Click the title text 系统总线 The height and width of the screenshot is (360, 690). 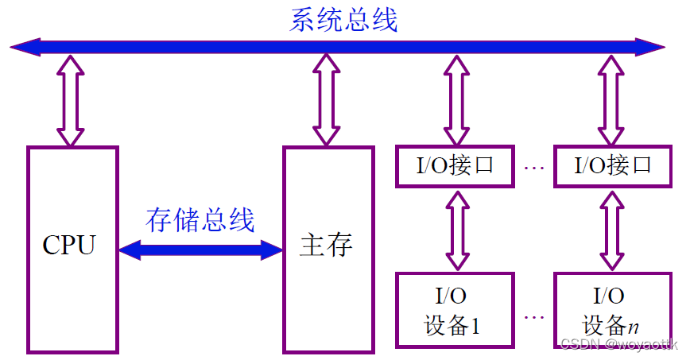pos(343,19)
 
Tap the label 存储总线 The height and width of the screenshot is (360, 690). pos(200,219)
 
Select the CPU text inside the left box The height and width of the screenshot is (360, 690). pos(69,245)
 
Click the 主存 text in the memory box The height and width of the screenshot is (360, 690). pos(327,246)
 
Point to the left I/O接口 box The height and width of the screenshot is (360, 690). pos(455,166)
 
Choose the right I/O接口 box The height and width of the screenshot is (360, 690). pos(611,166)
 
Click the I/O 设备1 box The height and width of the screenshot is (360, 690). pos(455,311)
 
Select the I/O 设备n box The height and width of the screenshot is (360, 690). pos(611,311)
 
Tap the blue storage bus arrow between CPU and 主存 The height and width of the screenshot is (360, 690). pos(200,250)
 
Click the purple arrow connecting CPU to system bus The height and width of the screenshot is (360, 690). pos(70,100)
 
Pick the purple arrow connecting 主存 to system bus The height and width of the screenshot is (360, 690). pos(326,100)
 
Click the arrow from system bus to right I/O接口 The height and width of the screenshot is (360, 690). pos(611,100)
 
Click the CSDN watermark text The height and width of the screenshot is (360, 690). pos(619,343)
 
